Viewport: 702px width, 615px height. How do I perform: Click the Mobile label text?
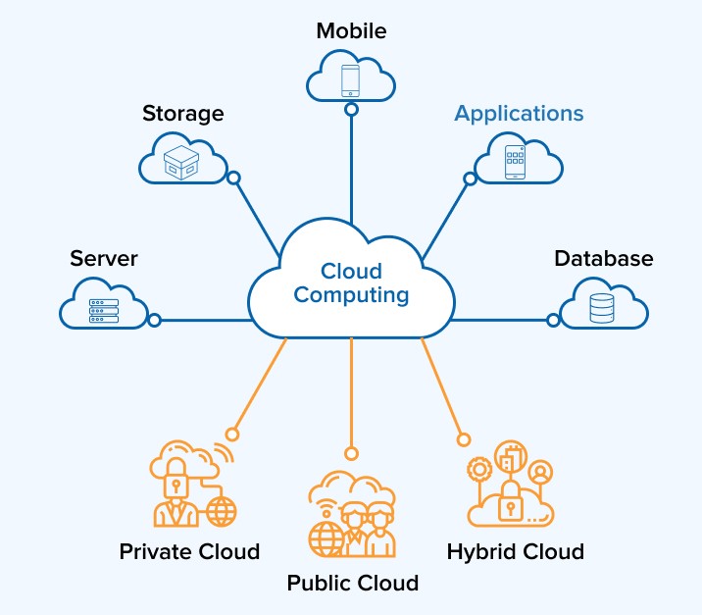pos(351,30)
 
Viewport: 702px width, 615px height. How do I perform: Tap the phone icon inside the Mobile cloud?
pos(351,79)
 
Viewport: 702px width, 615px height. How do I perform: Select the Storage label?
pos(182,113)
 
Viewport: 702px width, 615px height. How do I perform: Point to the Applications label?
pos(519,113)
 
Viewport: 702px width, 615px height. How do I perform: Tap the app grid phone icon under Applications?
pos(516,162)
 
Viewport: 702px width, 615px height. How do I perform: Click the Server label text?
pos(104,259)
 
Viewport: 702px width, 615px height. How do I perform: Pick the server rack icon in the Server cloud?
pos(104,311)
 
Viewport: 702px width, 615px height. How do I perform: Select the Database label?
pos(603,259)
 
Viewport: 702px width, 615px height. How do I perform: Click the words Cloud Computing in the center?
pos(351,282)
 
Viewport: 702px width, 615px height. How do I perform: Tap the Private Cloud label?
pos(189,551)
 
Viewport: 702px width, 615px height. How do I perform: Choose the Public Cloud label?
pos(352,584)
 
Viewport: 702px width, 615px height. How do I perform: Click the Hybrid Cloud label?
pos(515,551)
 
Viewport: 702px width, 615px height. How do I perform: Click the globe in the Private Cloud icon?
pos(223,510)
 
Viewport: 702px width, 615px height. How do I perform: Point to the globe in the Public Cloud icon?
pos(325,538)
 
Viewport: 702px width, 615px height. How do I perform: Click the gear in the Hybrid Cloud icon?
pos(478,470)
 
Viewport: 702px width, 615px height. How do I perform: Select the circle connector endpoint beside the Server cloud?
pos(154,320)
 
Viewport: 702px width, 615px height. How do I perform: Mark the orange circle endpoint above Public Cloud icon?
pos(351,452)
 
